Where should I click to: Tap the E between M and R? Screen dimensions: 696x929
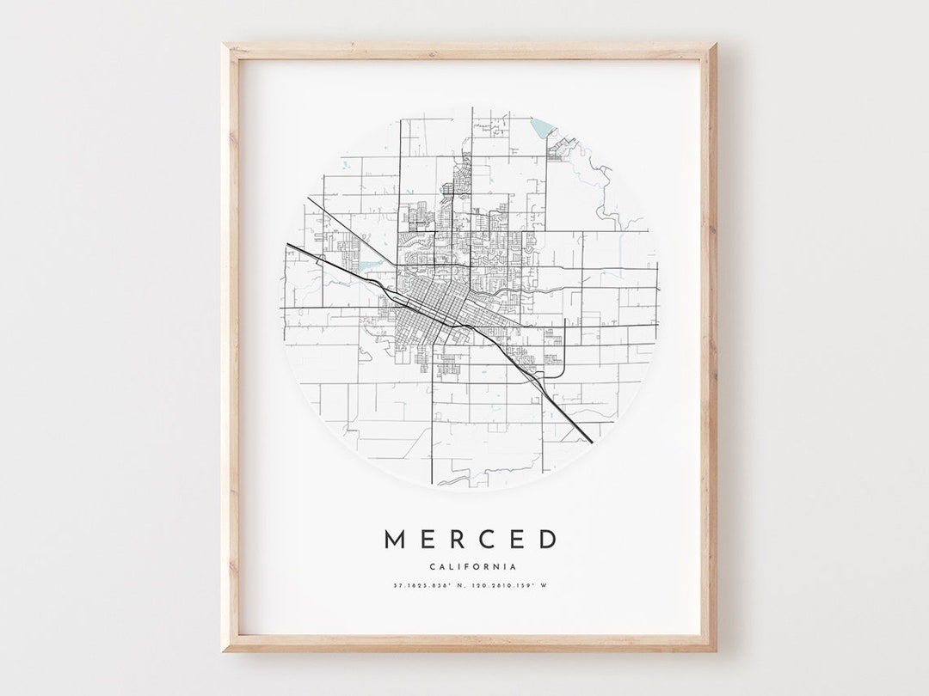(x=429, y=540)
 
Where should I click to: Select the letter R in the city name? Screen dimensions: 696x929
(x=459, y=540)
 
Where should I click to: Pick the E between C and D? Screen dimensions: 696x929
(x=519, y=540)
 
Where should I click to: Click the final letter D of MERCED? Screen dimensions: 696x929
(x=548, y=540)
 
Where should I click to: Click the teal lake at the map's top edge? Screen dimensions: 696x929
(x=542, y=128)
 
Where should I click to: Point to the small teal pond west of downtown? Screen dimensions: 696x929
(x=370, y=266)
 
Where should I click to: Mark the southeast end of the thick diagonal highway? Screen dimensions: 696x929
(x=592, y=442)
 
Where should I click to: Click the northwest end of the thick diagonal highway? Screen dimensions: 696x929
(x=288, y=245)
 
